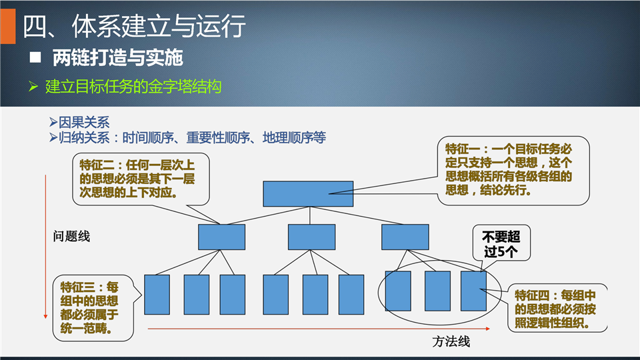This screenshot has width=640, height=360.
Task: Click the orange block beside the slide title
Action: click(8, 26)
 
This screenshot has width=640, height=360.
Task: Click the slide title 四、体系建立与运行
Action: click(134, 26)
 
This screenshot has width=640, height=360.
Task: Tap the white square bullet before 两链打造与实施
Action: click(35, 57)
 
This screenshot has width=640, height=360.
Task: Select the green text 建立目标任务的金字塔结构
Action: click(133, 87)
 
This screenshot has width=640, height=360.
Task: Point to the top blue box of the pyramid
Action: click(308, 194)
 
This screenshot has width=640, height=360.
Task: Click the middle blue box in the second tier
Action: click(311, 237)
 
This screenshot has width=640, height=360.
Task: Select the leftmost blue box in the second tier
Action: click(221, 237)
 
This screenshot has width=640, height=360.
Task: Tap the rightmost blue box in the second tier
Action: click(405, 237)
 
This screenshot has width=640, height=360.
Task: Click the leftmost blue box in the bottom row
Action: click(157, 295)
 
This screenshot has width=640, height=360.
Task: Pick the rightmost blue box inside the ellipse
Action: click(473, 291)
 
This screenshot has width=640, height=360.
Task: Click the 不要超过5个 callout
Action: click(501, 244)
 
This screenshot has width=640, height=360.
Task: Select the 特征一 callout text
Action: click(509, 169)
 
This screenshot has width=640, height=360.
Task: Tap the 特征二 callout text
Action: click(137, 179)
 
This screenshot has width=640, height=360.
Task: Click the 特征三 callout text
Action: click(89, 308)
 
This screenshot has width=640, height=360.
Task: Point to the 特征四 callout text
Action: click(555, 309)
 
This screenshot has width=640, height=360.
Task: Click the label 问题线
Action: click(71, 236)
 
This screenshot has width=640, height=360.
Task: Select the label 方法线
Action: click(451, 341)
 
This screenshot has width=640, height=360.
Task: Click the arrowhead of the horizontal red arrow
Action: click(488, 329)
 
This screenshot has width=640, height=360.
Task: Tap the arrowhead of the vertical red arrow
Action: click(45, 316)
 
